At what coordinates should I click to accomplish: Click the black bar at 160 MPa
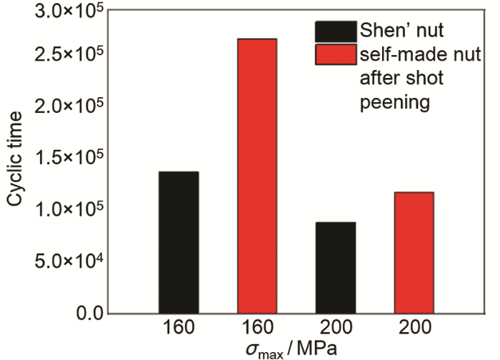tap(179, 242)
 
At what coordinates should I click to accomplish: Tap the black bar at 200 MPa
tap(335, 267)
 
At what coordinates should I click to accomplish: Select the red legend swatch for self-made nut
tap(335, 55)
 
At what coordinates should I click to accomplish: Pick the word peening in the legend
tap(395, 103)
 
